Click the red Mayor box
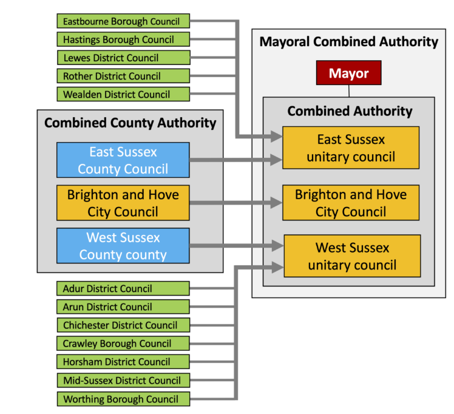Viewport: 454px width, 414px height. point(348,73)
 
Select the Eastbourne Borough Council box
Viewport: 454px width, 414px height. point(123,21)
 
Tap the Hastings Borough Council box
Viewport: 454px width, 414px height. point(123,39)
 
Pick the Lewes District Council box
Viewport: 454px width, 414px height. point(123,58)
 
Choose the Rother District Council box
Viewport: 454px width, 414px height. point(123,76)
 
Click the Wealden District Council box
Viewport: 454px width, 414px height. point(123,94)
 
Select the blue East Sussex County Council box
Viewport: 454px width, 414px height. point(123,160)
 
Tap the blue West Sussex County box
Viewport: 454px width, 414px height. point(123,246)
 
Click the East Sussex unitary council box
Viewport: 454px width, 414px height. point(350,148)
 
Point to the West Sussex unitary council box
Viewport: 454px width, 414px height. point(351,256)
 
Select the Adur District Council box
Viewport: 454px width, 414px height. point(123,288)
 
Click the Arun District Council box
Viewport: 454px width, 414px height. point(123,307)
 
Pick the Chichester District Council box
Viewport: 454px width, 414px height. point(123,325)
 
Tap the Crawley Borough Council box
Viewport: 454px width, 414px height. point(123,344)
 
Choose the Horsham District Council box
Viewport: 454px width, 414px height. point(123,362)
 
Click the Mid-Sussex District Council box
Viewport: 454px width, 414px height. point(123,381)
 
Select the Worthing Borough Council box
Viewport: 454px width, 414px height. point(123,399)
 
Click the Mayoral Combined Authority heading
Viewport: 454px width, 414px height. point(348,42)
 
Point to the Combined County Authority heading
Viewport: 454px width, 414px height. point(130,123)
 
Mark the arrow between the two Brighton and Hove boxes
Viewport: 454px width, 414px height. point(236,203)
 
